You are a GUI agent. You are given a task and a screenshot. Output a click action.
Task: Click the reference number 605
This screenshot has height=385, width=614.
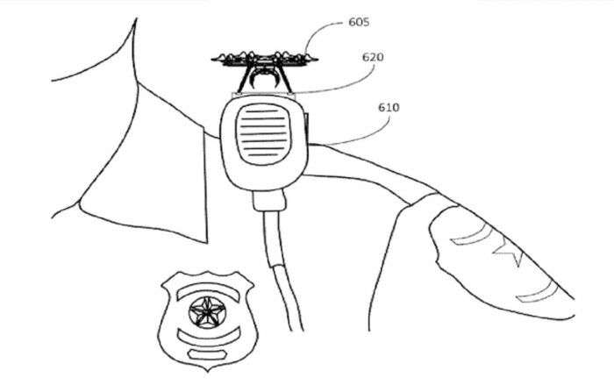pos(359,22)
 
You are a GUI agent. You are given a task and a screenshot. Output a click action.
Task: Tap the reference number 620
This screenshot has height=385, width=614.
pos(373,57)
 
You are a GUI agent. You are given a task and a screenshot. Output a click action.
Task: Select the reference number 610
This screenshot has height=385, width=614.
pos(389,107)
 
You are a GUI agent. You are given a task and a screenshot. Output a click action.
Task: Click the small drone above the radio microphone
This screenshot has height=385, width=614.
pos(265,70)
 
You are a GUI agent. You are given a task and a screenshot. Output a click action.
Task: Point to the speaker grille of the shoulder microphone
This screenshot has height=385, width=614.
pos(261,133)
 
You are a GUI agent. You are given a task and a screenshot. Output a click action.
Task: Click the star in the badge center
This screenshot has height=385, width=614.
pos(207,312)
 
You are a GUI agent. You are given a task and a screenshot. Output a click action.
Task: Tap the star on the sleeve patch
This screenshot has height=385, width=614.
pos(509,253)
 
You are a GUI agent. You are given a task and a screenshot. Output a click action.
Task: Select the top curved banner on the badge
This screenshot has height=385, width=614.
pos(208,291)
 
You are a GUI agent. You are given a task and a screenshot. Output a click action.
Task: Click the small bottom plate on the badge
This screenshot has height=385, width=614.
pos(208,354)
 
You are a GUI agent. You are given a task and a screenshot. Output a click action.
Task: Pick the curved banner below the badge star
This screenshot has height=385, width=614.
pos(208,338)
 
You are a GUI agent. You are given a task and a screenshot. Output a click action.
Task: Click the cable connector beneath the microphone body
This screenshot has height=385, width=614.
pos(269,201)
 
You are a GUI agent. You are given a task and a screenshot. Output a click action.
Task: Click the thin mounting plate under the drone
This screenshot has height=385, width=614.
pos(263,95)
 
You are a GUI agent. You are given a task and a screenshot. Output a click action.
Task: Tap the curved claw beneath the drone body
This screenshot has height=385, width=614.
pos(265,79)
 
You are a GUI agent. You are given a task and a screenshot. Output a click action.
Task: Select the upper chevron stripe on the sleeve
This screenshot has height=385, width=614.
pos(470,236)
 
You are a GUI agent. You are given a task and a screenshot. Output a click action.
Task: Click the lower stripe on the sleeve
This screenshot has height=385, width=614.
pos(537,293)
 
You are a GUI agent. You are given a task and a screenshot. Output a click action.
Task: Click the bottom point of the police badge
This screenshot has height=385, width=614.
pos(207,371)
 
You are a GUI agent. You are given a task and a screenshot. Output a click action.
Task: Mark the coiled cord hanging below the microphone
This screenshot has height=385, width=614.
pos(282,270)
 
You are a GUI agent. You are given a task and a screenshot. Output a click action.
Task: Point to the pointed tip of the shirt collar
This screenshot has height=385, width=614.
pos(206,243)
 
